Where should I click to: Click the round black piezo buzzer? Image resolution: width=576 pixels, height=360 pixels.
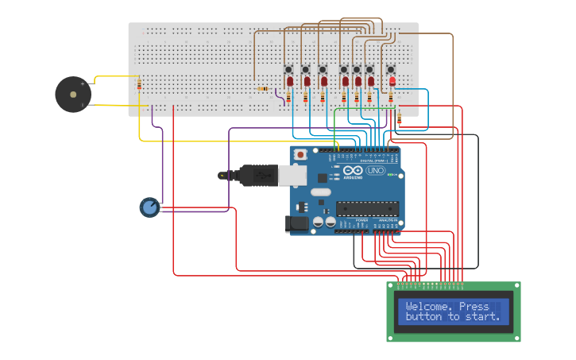(72, 94)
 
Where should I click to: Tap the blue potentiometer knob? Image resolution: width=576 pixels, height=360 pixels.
(149, 207)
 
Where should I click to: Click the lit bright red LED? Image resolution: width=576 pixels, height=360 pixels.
(392, 81)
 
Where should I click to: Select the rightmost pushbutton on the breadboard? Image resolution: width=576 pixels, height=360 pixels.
(390, 69)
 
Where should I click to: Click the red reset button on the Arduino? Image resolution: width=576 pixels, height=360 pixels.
(300, 154)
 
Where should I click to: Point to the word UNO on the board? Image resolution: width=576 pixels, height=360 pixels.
(375, 171)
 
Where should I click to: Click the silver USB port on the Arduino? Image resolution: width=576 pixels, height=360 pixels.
(292, 174)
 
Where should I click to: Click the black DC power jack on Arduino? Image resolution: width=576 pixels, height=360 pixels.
(297, 224)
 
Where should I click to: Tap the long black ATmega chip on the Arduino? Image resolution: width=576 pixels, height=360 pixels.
(366, 209)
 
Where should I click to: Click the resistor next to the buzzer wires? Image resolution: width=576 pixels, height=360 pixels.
(140, 84)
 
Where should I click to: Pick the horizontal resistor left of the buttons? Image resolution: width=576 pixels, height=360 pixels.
(262, 89)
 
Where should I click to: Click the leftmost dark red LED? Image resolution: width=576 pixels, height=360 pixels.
(290, 82)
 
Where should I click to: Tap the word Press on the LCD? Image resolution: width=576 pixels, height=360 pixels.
(474, 307)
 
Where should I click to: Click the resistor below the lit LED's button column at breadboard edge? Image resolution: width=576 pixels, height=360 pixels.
(399, 118)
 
